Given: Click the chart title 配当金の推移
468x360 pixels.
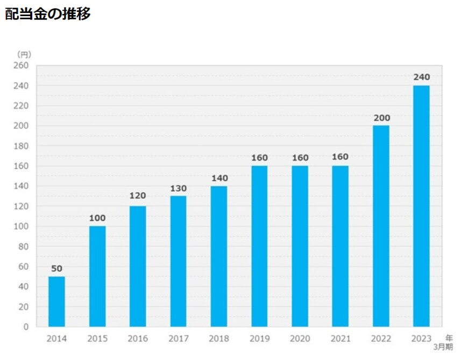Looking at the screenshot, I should pyautogui.click(x=48, y=14).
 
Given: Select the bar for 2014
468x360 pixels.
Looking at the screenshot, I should pyautogui.click(x=56, y=301).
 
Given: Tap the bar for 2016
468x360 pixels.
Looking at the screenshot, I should pyautogui.click(x=138, y=266).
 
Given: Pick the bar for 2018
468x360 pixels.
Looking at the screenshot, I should pyautogui.click(x=219, y=256).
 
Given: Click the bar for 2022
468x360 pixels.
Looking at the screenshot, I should pyautogui.click(x=381, y=226).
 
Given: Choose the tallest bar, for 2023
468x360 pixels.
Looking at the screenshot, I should pyautogui.click(x=421, y=206).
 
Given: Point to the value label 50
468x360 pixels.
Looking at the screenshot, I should pyautogui.click(x=56, y=269).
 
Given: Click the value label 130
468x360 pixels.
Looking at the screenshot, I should pyautogui.click(x=178, y=188).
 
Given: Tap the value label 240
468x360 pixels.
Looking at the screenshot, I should pyautogui.click(x=421, y=77).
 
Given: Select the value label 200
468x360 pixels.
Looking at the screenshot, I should pyautogui.click(x=381, y=118).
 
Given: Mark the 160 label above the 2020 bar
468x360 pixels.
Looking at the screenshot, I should pyautogui.click(x=300, y=158).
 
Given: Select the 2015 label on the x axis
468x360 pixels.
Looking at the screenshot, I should pyautogui.click(x=97, y=339).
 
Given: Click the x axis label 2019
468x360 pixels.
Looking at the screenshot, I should pyautogui.click(x=259, y=339).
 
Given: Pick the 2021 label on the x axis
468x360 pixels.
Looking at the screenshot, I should pyautogui.click(x=340, y=339).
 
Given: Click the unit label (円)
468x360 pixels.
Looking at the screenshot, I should pyautogui.click(x=24, y=54).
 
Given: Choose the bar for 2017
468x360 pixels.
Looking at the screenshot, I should pyautogui.click(x=178, y=261).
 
